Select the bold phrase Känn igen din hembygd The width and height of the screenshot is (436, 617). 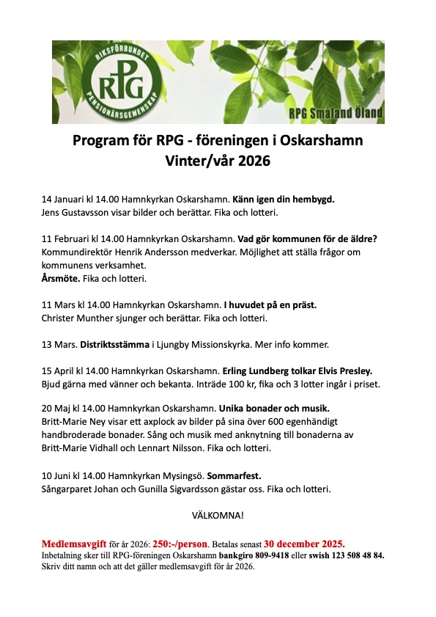click(289, 200)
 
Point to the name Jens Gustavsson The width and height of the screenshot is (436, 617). click(78, 211)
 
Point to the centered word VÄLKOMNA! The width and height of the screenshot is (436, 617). click(218, 515)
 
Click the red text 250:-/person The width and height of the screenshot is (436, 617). click(182, 544)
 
